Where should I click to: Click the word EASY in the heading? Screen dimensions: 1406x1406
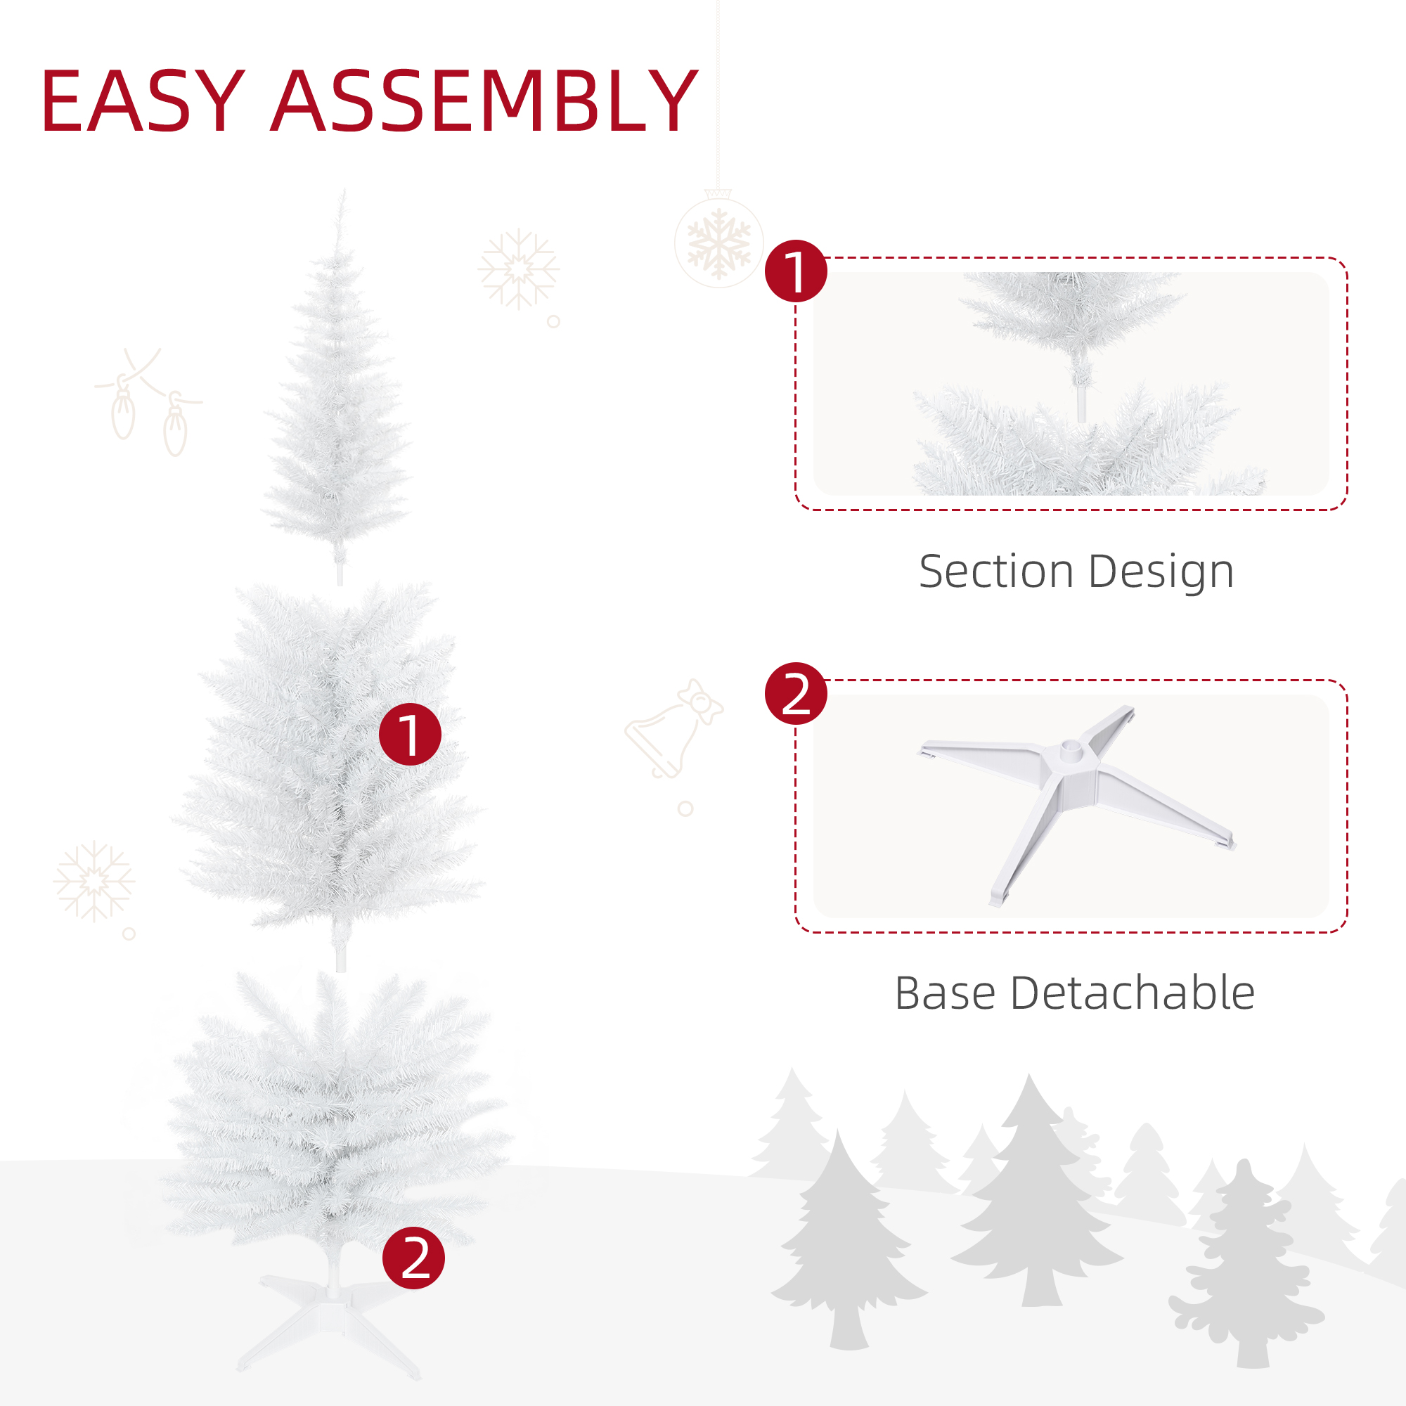point(143,102)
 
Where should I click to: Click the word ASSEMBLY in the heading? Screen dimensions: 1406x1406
point(484,102)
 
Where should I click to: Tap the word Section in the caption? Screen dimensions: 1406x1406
point(996,572)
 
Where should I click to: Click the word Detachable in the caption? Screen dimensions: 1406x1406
point(1133,994)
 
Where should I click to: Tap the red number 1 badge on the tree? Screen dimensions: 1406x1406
point(410,735)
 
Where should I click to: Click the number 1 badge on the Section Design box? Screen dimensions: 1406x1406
point(795,271)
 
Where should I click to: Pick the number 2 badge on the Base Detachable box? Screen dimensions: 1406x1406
point(795,694)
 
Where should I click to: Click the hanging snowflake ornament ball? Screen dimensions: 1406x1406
point(718,243)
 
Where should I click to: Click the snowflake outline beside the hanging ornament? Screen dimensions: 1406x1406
point(518,269)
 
